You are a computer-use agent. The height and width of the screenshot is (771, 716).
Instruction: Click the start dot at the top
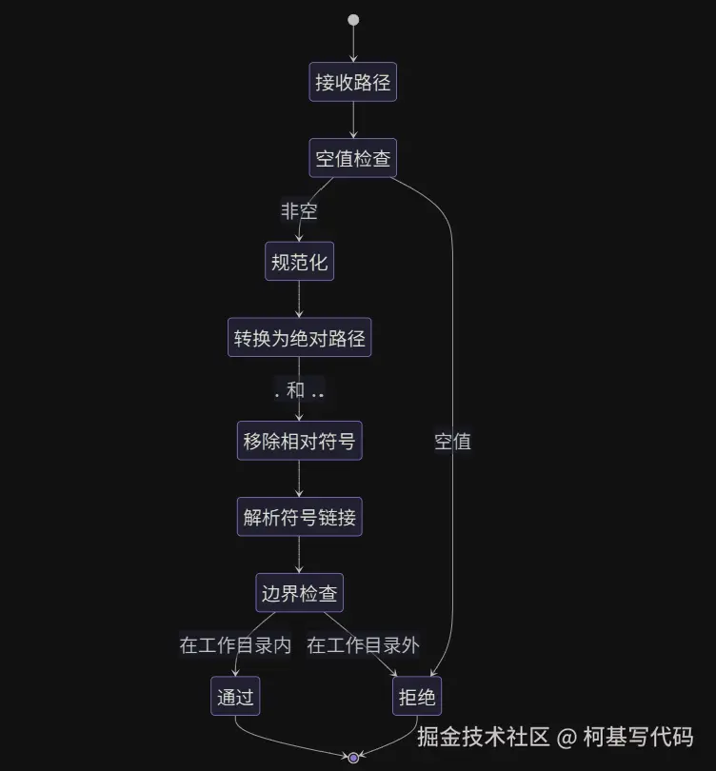coord(353,20)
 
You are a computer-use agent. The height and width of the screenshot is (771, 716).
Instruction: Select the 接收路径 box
coord(353,82)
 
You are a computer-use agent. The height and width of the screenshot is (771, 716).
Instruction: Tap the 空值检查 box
coord(353,158)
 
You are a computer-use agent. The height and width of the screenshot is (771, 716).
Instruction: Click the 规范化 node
coord(299,262)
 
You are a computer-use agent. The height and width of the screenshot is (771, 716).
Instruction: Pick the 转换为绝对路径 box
coord(299,338)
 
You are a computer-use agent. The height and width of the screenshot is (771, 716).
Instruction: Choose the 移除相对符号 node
coord(299,441)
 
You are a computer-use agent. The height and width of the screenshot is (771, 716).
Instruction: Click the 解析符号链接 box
coord(299,518)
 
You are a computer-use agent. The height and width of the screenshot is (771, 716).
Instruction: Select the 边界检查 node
coord(299,594)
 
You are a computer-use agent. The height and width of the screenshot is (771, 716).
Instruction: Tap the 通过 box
coord(234,698)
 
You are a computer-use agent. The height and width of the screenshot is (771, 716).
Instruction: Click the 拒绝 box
coord(416,698)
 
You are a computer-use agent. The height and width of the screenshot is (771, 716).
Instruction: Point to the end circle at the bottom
coord(353,758)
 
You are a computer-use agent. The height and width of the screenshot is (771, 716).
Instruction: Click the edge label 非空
coord(299,210)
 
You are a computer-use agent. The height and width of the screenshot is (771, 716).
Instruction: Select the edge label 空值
coord(452,441)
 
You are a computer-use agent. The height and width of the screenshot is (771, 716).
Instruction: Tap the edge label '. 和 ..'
coord(299,390)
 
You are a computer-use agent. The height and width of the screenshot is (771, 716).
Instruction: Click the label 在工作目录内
coord(235,645)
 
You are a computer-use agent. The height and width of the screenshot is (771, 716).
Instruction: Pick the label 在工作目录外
coord(363,645)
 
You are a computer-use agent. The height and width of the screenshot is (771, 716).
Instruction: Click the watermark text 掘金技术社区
coord(484,737)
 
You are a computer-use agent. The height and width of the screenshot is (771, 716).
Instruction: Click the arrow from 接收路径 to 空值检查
coord(353,120)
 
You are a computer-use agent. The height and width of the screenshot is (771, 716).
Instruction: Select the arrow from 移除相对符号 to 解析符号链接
coord(299,480)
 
